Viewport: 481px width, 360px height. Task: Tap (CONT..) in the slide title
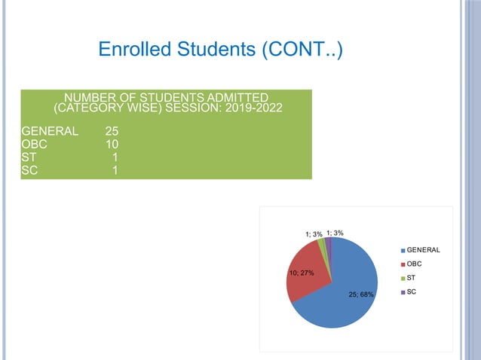pyautogui.click(x=302, y=50)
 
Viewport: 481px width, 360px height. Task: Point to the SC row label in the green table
pyautogui.click(x=30, y=170)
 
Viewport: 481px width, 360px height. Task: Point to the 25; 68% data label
pyautogui.click(x=361, y=294)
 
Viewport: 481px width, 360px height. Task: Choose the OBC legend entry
pyautogui.click(x=414, y=264)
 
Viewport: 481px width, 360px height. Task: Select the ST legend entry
pyautogui.click(x=412, y=278)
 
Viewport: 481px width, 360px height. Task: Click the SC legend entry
pyautogui.click(x=412, y=291)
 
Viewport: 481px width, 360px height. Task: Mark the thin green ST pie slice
pyautogui.click(x=323, y=244)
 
